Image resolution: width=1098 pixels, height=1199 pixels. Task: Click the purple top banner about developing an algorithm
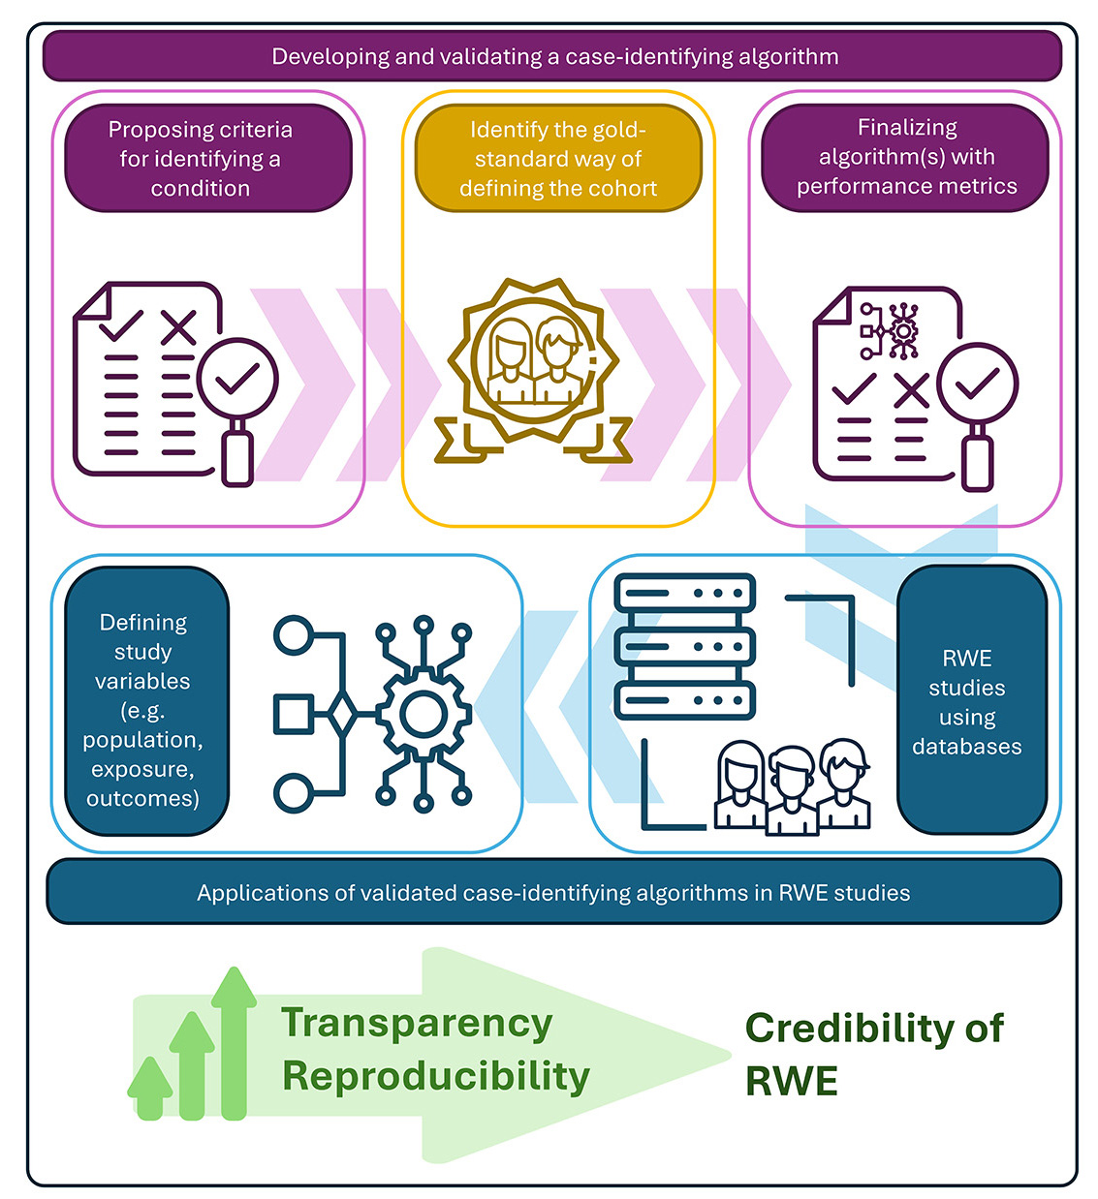551,56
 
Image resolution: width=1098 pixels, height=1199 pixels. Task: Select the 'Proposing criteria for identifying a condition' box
208,158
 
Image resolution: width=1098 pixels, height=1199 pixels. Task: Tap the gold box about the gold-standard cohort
557,158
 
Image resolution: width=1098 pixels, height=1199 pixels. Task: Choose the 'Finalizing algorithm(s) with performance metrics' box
905,158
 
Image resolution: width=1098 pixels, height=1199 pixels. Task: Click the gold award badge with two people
533,372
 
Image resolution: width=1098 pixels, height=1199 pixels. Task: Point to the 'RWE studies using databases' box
972,700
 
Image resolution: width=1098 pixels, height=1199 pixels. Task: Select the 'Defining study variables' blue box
146,700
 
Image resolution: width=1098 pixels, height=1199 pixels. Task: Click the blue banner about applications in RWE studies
553,892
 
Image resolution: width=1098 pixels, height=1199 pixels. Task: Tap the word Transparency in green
417,1024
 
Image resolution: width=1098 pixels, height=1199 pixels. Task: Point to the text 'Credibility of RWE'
874,1053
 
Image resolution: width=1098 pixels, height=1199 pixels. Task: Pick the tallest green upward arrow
234,1043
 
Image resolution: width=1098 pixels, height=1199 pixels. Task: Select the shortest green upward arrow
149,1088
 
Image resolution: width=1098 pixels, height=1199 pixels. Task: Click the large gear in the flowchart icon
424,714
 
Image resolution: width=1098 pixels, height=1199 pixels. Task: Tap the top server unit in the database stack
684,593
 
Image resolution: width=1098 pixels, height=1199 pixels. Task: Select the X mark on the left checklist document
178,327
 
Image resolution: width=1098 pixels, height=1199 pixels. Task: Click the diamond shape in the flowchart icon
343,713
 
